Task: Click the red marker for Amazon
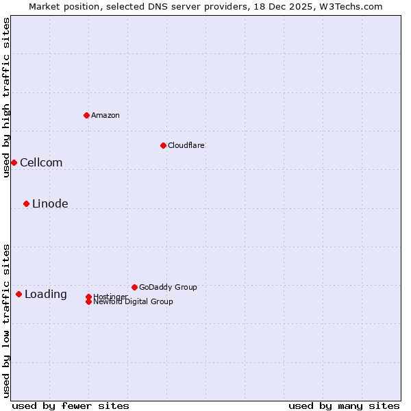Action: pyautogui.click(x=86, y=115)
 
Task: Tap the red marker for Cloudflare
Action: pyautogui.click(x=163, y=145)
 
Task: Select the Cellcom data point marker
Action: pyautogui.click(x=14, y=162)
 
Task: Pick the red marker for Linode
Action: pyautogui.click(x=26, y=203)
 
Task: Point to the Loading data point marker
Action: pyautogui.click(x=18, y=294)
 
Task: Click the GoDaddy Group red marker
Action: pyautogui.click(x=134, y=287)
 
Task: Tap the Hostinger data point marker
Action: pyautogui.click(x=88, y=297)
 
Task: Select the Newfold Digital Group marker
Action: pyautogui.click(x=88, y=301)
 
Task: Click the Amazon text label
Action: pyautogui.click(x=105, y=115)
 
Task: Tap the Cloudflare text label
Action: pyautogui.click(x=186, y=145)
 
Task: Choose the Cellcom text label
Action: pyautogui.click(x=41, y=162)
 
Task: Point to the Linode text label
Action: pyautogui.click(x=50, y=203)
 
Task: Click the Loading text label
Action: pyautogui.click(x=46, y=294)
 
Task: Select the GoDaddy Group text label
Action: pyautogui.click(x=168, y=287)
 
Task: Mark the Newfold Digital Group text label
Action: pyautogui.click(x=134, y=302)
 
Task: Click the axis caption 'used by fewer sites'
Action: pyautogui.click(x=71, y=406)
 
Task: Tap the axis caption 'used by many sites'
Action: pyautogui.click(x=344, y=406)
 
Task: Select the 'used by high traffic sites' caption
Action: pyautogui.click(x=6, y=97)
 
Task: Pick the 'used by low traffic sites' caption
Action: pyautogui.click(x=6, y=321)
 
